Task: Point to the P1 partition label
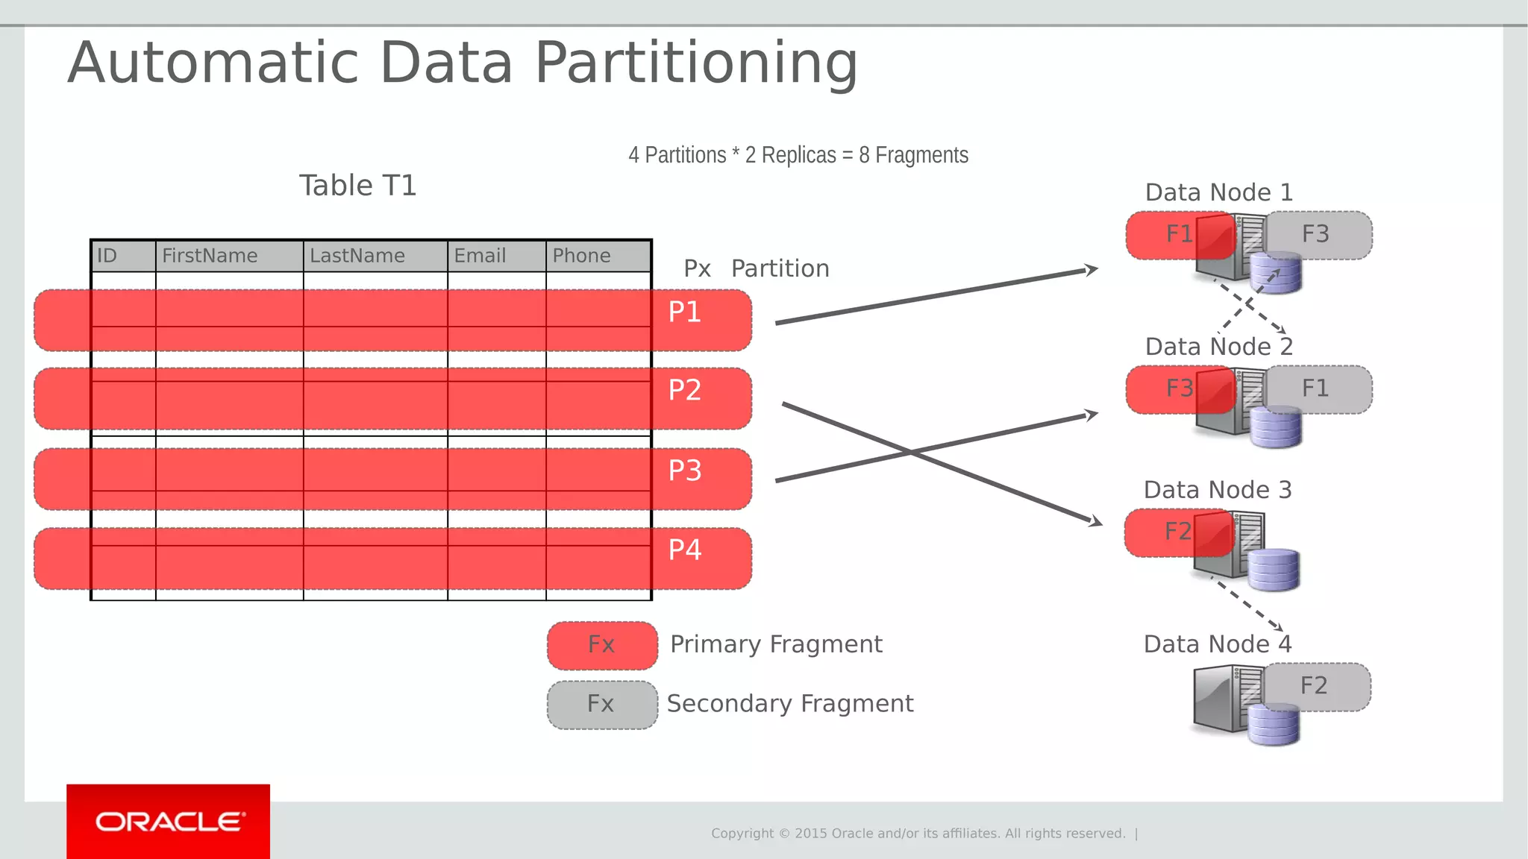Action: (x=684, y=312)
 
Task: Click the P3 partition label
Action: (x=684, y=471)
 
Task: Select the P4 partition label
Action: (x=684, y=550)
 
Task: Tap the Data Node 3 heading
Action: (x=1218, y=490)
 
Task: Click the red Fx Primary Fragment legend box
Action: (x=602, y=645)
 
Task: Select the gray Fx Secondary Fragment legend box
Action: (x=602, y=705)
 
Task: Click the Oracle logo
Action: (x=168, y=822)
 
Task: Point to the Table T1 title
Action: (x=357, y=186)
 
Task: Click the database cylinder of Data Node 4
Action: (x=1274, y=726)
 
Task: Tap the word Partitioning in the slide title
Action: (x=696, y=63)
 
